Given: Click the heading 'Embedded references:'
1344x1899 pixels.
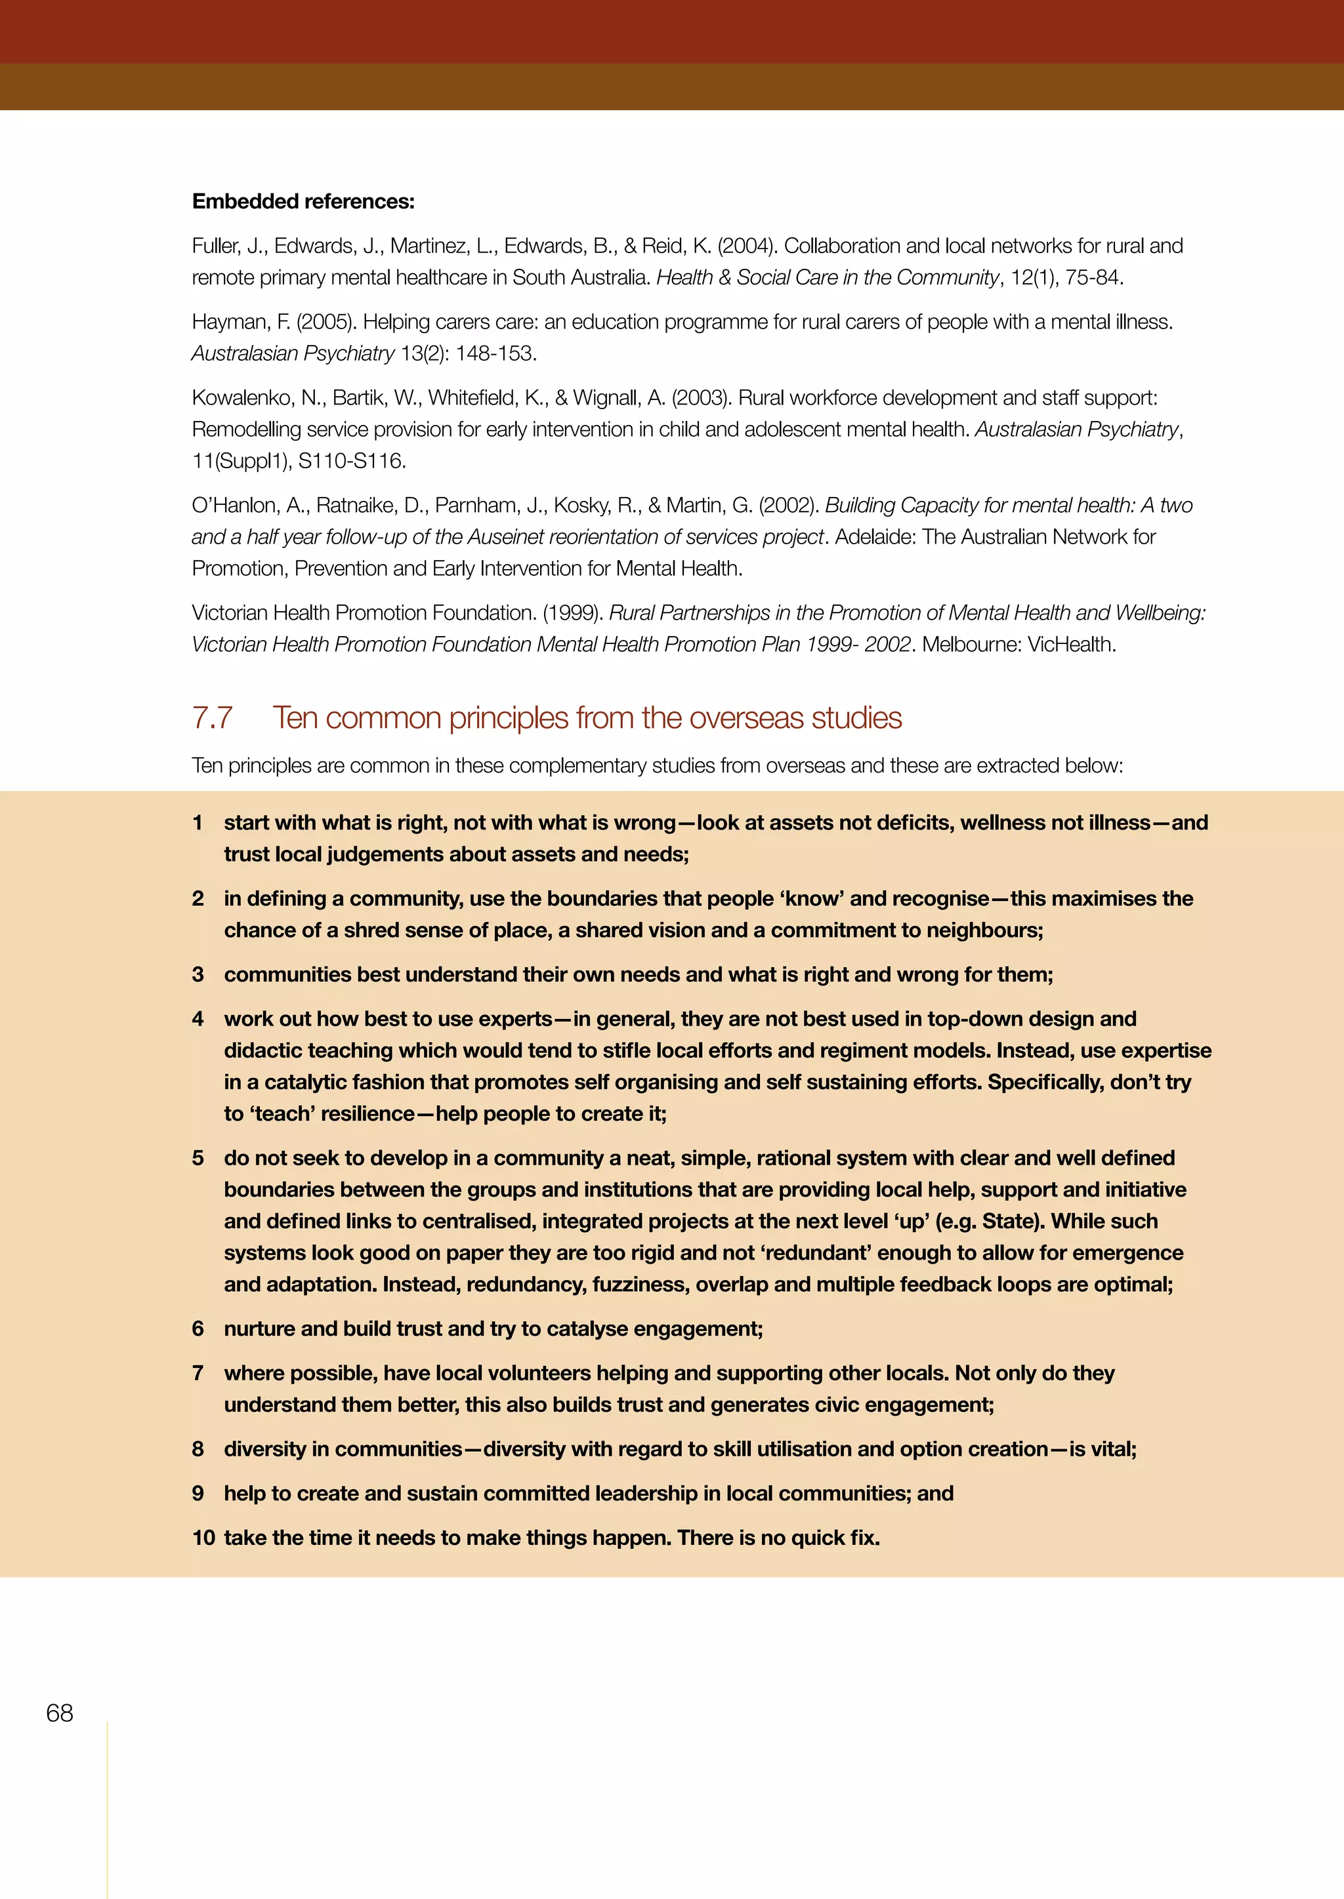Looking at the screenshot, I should (303, 201).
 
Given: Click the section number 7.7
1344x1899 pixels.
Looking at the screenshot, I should (212, 718).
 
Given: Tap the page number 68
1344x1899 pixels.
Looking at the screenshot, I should (60, 1713).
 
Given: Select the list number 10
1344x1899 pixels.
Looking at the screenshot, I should (203, 1538).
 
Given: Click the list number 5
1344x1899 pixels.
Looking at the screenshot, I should (198, 1158).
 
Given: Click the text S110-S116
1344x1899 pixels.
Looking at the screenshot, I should (352, 461).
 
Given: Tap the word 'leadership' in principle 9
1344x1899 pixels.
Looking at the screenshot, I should (646, 1493).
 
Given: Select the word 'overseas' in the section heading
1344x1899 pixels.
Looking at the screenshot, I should (745, 718).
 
